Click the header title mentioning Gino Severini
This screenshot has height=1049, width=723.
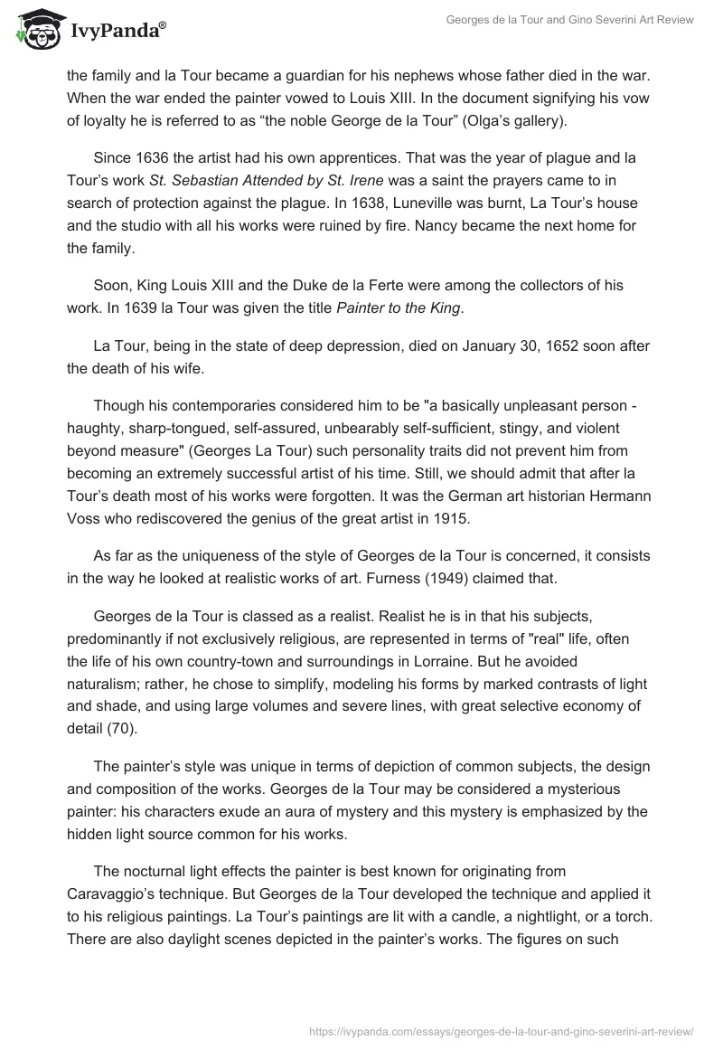pyautogui.click(x=569, y=22)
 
